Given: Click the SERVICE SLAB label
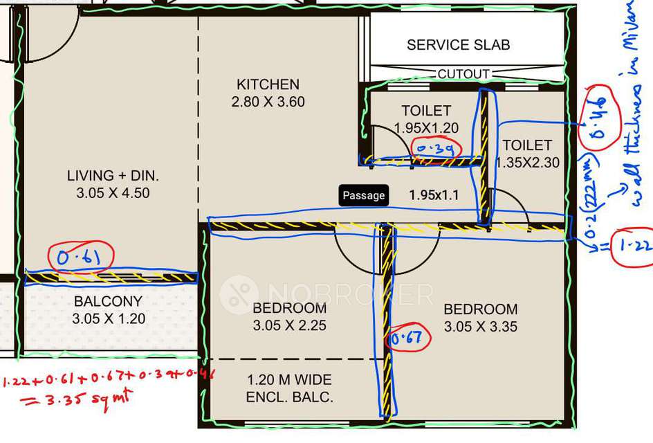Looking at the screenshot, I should click(458, 45).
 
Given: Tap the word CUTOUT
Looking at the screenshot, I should click(463, 74).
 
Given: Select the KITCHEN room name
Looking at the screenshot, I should click(268, 84).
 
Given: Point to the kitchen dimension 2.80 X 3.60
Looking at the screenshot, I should click(268, 102).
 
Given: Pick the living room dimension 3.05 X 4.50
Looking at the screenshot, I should click(113, 193).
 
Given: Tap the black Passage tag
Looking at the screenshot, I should click(363, 195).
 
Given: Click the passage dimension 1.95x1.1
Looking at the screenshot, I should click(434, 195).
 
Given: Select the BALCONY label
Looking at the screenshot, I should click(108, 302).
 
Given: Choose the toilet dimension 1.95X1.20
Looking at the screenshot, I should click(426, 127).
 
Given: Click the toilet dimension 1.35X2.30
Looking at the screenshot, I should click(527, 163).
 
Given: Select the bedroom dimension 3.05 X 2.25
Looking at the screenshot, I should click(289, 326).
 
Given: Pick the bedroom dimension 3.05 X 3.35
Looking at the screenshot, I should click(480, 327).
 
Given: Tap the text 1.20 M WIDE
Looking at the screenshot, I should click(289, 380).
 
